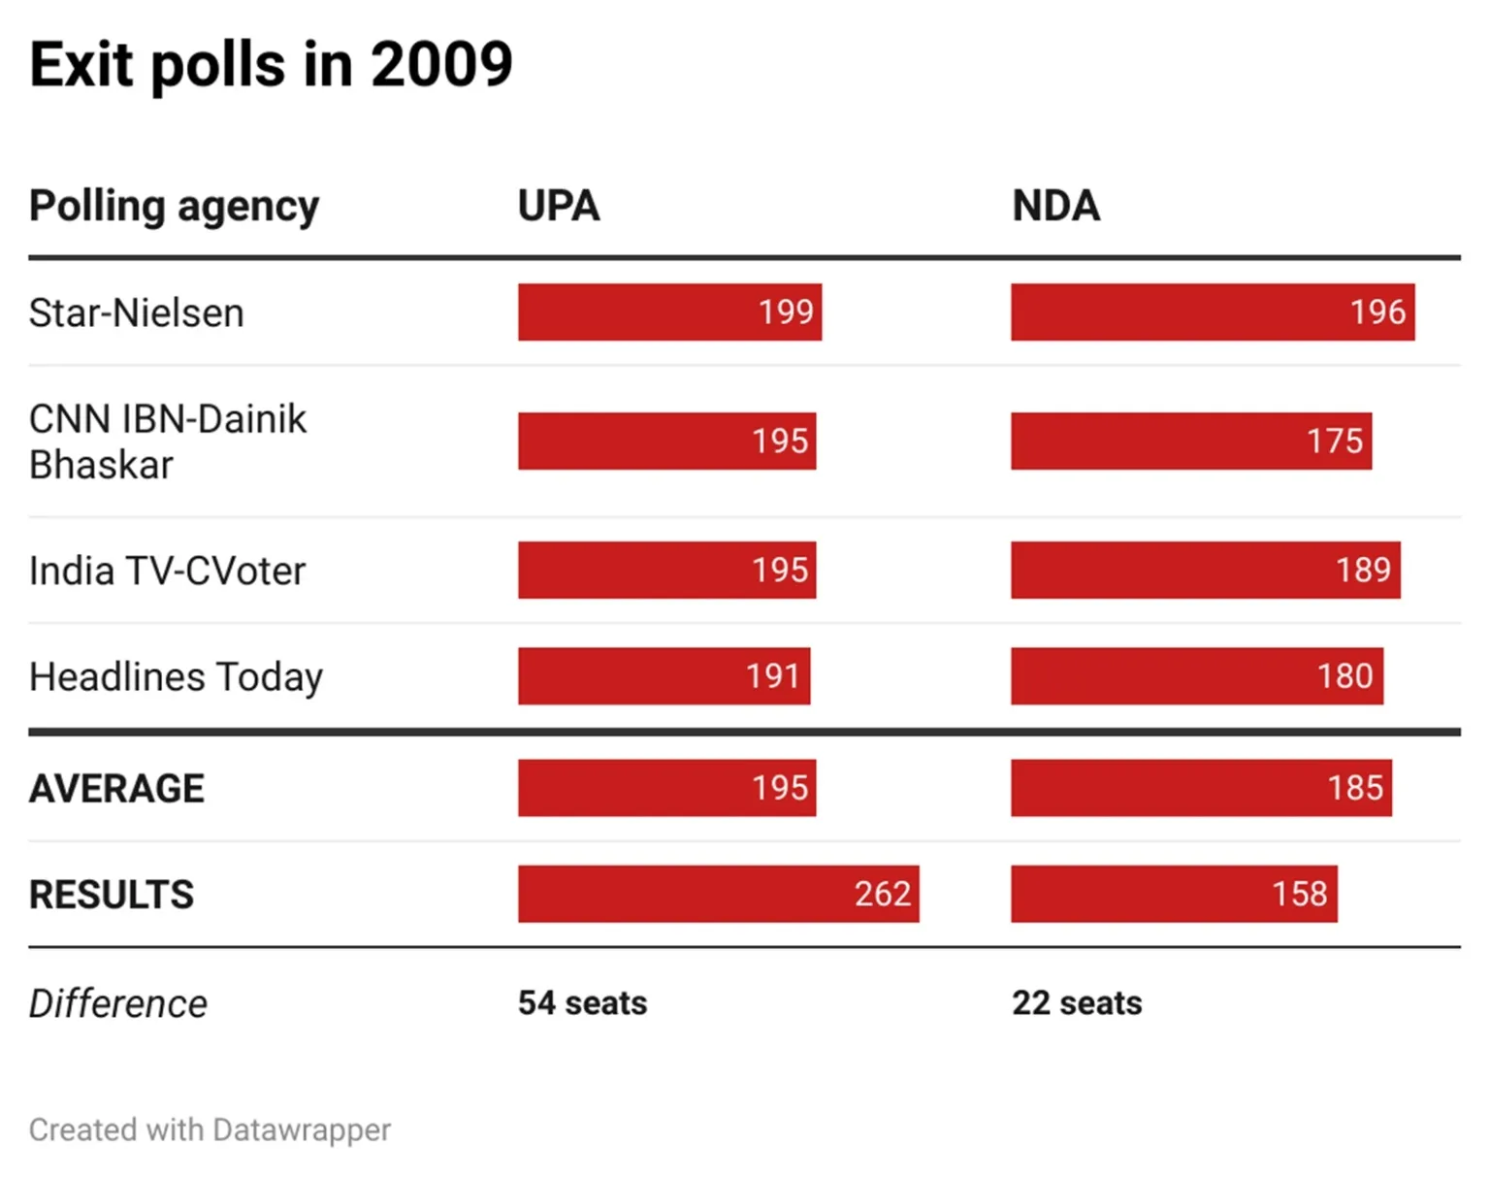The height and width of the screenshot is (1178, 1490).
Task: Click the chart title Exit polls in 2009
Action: tap(271, 65)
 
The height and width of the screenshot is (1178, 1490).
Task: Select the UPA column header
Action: tap(559, 206)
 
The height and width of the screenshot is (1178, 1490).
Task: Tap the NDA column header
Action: tap(1055, 206)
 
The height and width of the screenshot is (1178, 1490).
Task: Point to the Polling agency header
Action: tap(174, 207)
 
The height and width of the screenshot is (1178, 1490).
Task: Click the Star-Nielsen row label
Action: tap(136, 313)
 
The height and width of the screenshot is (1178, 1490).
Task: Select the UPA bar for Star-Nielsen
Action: tap(669, 312)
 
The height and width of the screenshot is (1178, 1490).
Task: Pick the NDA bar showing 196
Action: tap(1212, 312)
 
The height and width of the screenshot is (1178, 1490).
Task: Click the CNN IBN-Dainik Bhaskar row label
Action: tap(167, 442)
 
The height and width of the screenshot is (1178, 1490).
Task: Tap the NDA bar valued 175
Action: tap(1190, 442)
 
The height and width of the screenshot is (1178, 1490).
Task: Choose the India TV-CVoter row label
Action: tap(167, 571)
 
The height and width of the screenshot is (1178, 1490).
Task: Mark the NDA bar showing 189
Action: tap(1205, 570)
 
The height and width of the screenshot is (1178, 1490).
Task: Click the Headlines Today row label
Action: tap(176, 677)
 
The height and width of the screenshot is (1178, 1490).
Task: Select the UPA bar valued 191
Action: tap(664, 676)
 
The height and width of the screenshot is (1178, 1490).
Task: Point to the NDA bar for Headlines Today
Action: tap(1196, 676)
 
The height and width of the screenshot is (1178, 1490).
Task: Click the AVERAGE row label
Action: tap(116, 789)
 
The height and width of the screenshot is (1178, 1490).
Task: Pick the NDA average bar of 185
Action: tap(1200, 788)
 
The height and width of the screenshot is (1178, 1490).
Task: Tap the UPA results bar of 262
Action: tap(718, 894)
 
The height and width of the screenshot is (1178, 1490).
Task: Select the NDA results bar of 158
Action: tap(1174, 894)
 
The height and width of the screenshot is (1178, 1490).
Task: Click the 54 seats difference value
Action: tap(582, 1003)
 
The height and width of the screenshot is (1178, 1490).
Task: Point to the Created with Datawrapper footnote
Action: tap(210, 1130)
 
